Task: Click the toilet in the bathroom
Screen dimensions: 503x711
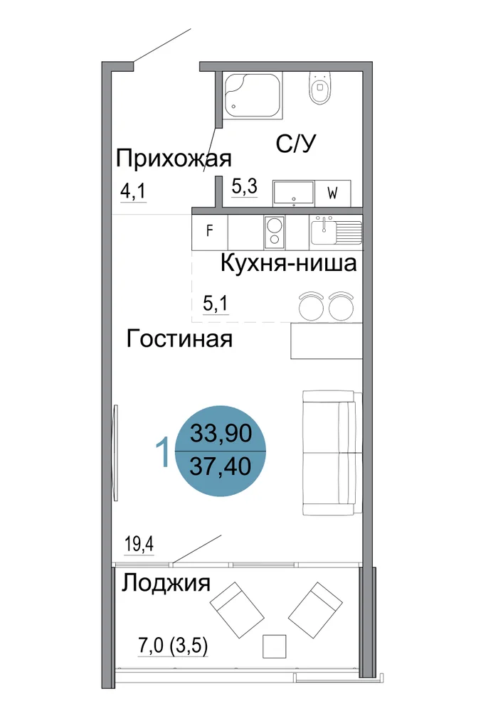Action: (320, 87)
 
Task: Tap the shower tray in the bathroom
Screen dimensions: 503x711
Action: (254, 96)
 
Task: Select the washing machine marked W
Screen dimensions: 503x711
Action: (333, 193)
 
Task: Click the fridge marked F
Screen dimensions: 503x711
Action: (210, 231)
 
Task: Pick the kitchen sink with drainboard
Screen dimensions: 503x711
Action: (336, 230)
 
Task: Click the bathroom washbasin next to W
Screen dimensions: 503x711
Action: (293, 193)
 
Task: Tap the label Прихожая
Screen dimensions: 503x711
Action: (174, 159)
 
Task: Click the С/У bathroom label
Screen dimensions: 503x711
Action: (295, 144)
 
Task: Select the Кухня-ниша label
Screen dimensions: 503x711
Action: (288, 263)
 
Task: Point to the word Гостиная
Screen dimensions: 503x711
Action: (179, 338)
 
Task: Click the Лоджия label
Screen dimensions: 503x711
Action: (166, 583)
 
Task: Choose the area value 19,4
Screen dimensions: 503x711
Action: (139, 543)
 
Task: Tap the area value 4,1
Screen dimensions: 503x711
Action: (133, 191)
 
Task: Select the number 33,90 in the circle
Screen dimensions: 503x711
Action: (221, 432)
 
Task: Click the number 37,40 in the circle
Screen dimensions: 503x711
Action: (221, 466)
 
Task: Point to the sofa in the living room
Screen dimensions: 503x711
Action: (332, 452)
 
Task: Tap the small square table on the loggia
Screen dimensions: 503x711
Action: (275, 646)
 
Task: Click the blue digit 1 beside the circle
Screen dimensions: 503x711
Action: (162, 451)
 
